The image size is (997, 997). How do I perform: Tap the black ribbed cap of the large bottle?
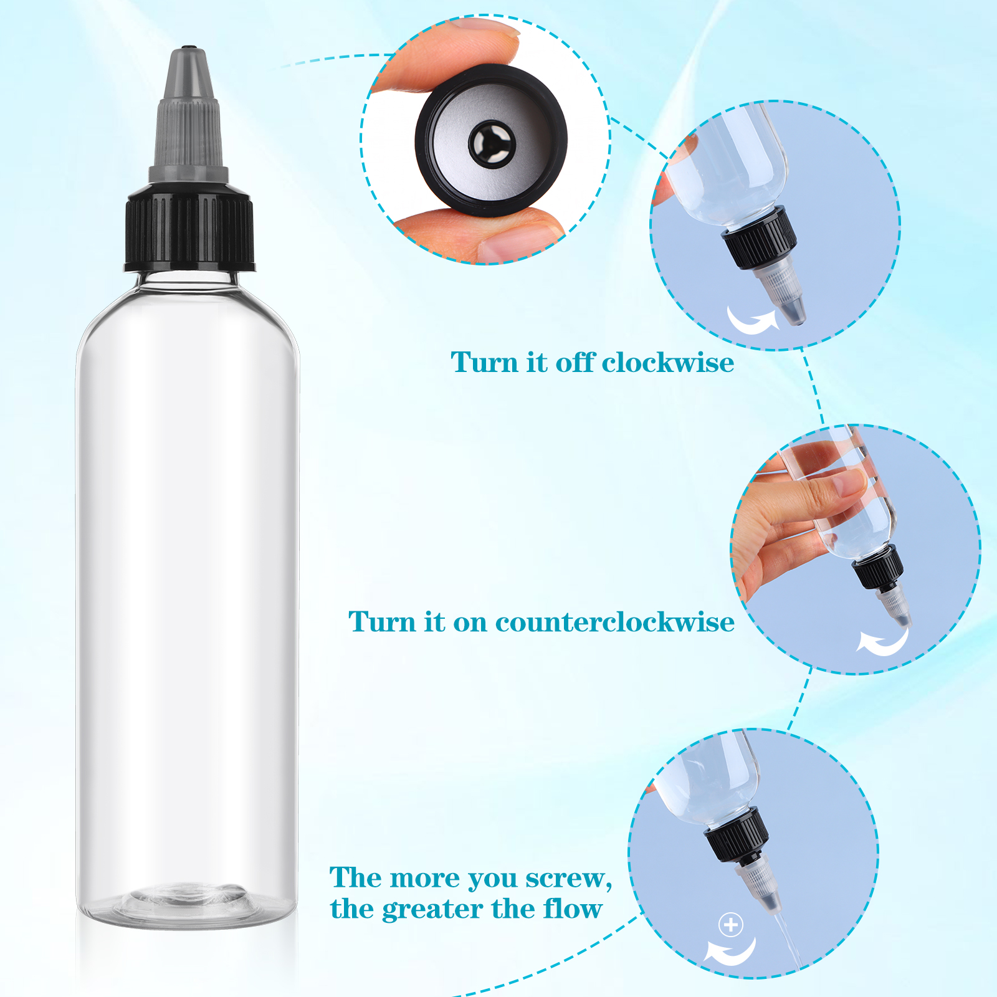[189, 228]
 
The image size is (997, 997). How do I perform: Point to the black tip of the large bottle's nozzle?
[188, 48]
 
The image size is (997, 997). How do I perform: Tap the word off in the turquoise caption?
[575, 363]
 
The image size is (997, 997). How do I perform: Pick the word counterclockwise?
[615, 622]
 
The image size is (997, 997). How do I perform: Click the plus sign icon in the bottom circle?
[731, 924]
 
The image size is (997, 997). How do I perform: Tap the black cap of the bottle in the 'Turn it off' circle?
[759, 239]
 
